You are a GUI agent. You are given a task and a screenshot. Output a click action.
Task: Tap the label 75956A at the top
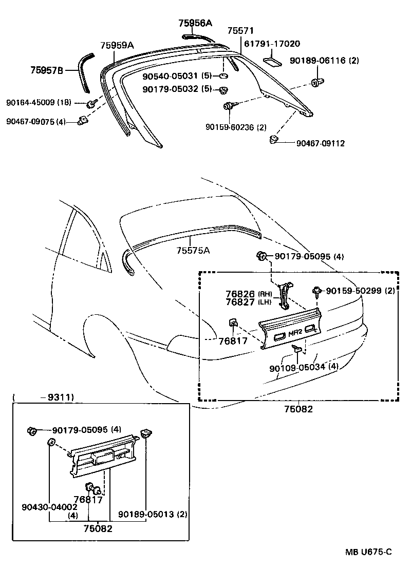195,23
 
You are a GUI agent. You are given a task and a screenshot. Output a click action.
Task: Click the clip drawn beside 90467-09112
274,139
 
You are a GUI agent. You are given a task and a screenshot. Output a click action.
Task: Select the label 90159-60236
235,127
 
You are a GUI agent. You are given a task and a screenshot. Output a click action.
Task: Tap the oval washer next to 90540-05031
223,77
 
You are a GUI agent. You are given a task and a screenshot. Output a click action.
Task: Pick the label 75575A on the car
193,250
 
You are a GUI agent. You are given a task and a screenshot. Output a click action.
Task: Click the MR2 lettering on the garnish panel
295,333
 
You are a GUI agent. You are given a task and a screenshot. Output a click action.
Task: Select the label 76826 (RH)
241,294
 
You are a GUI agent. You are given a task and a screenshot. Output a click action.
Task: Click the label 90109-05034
297,367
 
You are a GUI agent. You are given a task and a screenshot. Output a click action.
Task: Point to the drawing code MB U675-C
368,552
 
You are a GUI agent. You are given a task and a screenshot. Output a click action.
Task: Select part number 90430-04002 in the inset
49,507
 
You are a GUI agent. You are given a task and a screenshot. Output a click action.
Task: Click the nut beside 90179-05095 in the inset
31,430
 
